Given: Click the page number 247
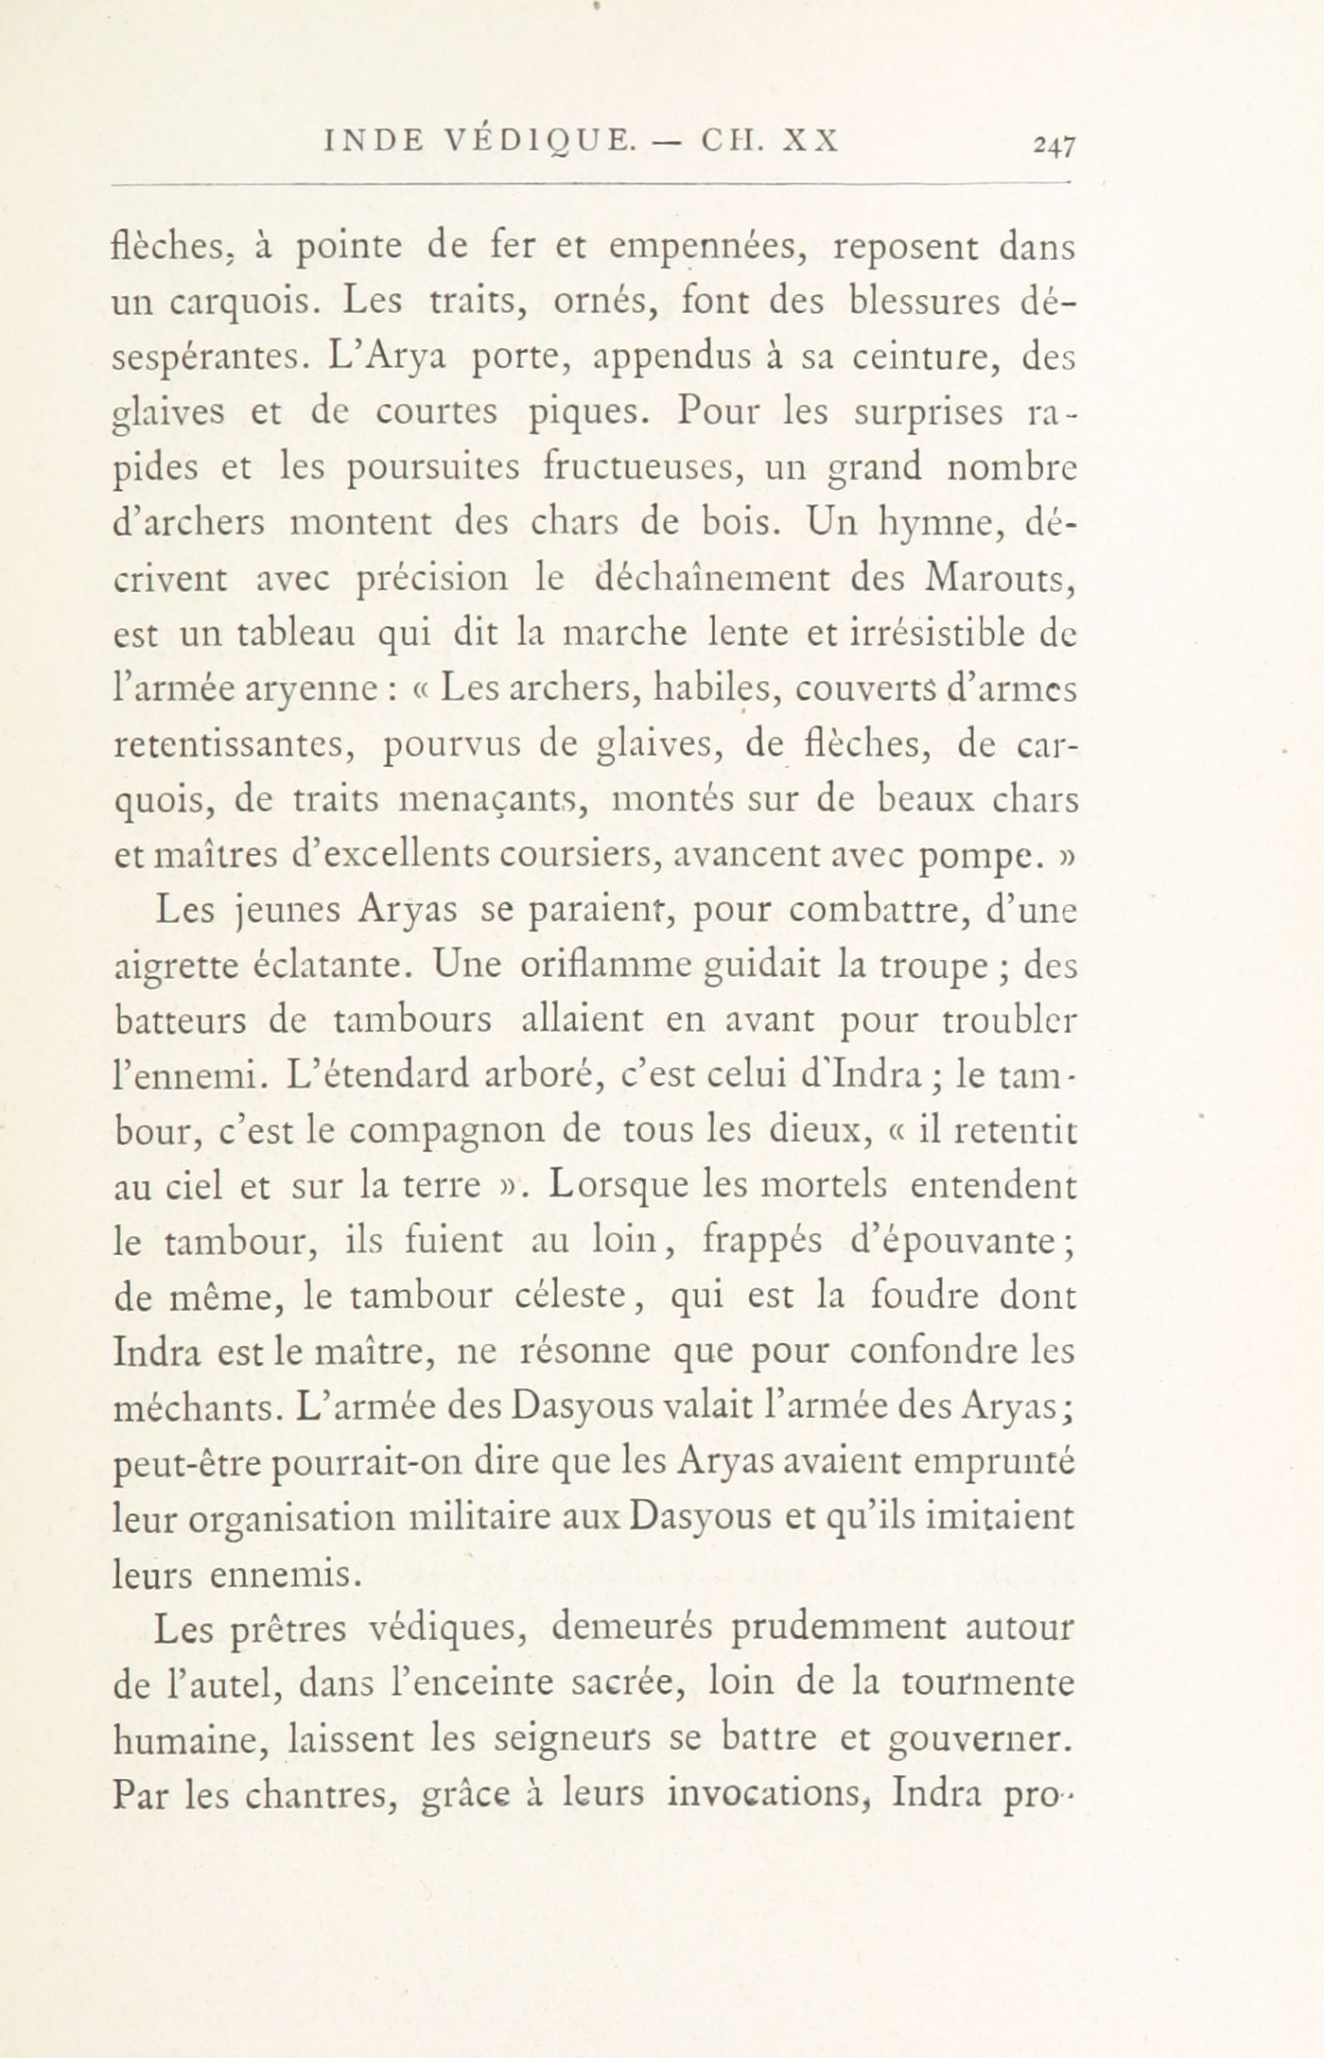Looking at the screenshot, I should click(x=1055, y=144).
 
